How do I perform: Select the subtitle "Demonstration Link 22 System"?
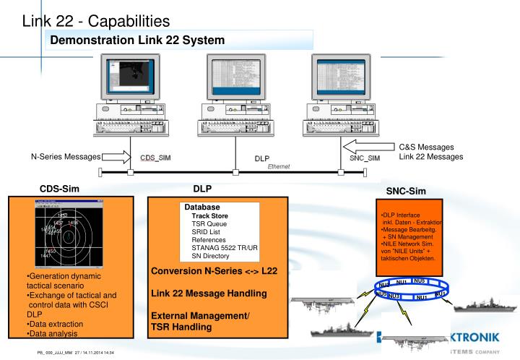click(x=137, y=40)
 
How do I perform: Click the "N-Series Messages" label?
click(x=65, y=157)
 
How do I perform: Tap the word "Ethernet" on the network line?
click(x=279, y=166)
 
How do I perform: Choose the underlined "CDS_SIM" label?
click(x=155, y=158)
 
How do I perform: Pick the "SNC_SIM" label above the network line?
click(x=365, y=158)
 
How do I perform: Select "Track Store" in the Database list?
click(x=209, y=215)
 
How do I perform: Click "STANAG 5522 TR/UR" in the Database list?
click(x=224, y=248)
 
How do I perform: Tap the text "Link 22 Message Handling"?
click(x=208, y=293)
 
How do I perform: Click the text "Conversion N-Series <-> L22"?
click(x=214, y=270)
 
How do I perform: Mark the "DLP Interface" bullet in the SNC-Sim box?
click(x=401, y=215)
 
